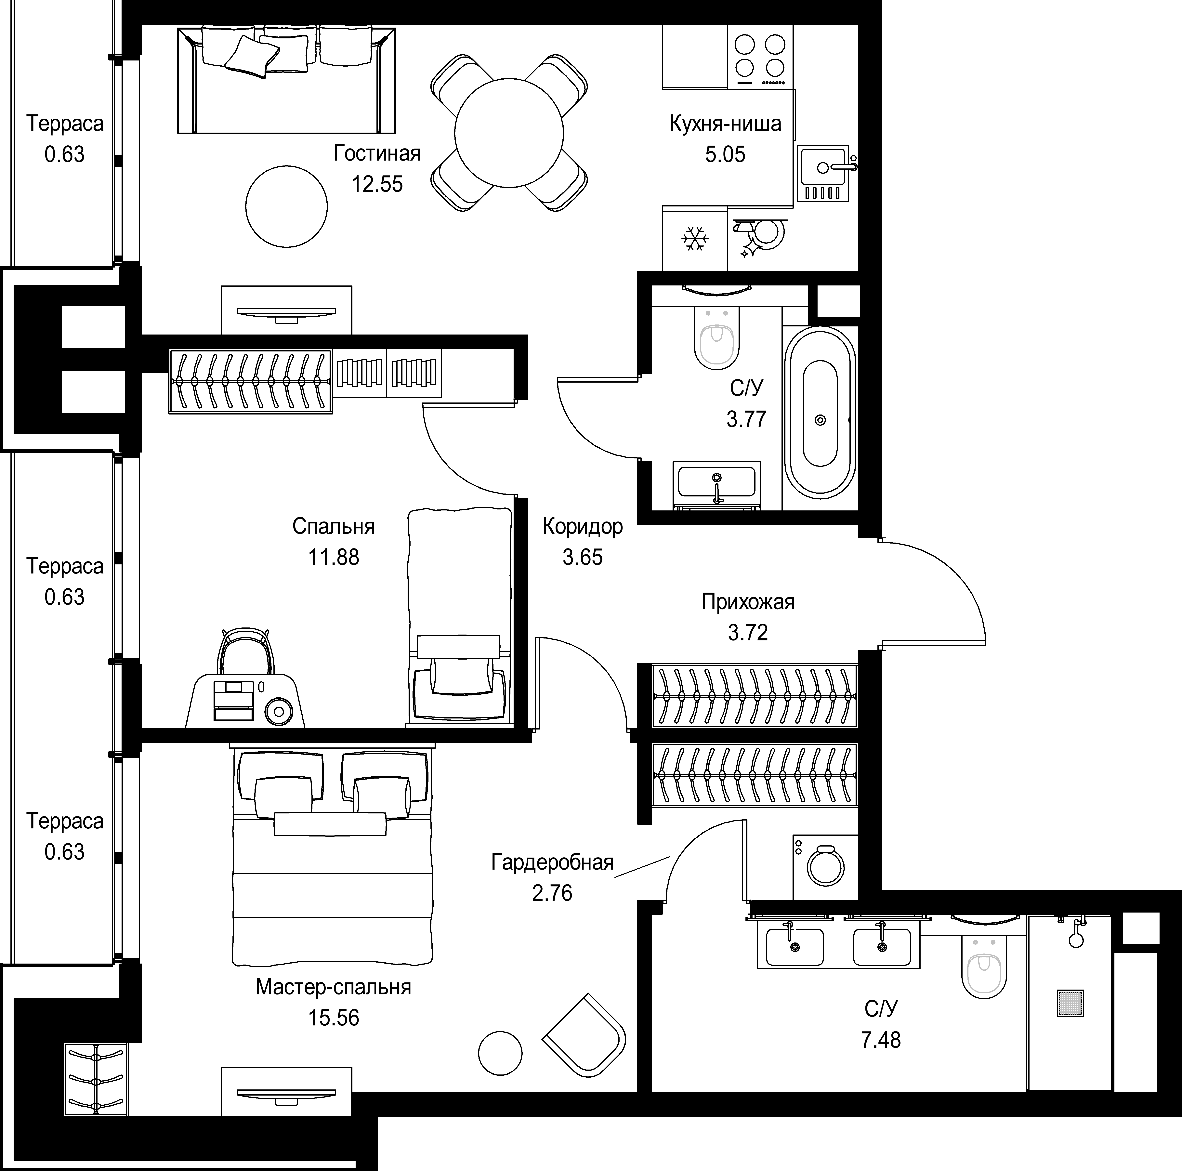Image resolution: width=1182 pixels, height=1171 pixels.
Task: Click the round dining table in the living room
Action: (x=508, y=132)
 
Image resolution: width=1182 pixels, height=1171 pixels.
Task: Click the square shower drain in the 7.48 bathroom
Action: (x=1070, y=1003)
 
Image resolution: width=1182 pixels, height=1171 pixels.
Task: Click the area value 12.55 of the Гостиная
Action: (x=377, y=184)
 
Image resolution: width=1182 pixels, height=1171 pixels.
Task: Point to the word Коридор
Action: (x=583, y=526)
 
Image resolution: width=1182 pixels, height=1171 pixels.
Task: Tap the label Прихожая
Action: (x=748, y=602)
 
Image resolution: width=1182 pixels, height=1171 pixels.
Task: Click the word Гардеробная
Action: (x=552, y=862)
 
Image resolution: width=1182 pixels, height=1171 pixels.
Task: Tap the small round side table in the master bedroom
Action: (x=500, y=1054)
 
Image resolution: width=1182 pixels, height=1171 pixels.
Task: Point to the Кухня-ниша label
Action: (x=726, y=124)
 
